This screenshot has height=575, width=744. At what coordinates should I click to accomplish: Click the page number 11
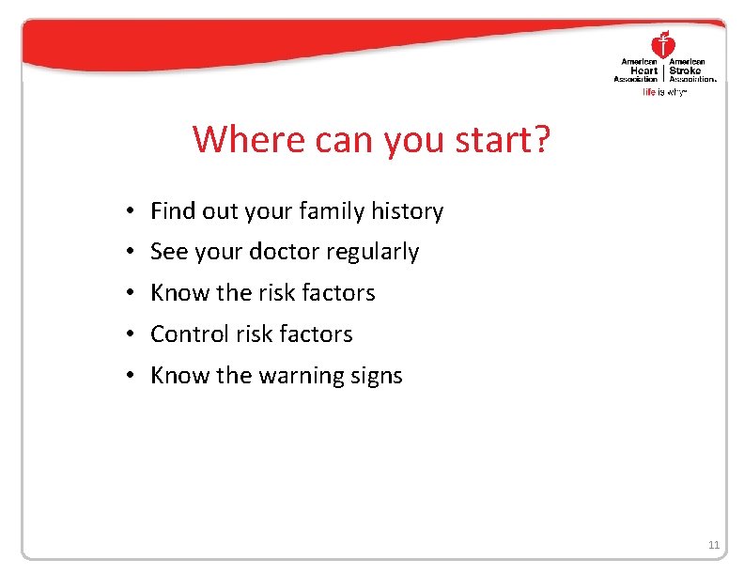713,545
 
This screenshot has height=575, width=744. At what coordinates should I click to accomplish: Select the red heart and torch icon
663,43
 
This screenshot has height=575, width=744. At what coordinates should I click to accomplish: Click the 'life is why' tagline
664,92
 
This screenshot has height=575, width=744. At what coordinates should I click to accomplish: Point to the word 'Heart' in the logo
645,70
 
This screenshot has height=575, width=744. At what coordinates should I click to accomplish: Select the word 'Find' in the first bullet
169,211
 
